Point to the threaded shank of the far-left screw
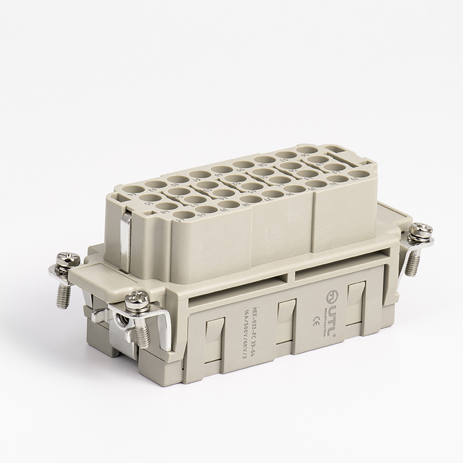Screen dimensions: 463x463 click(x=63, y=295)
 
